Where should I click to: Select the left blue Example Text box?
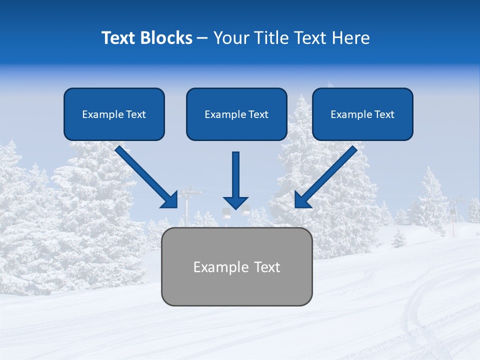pos(114,114)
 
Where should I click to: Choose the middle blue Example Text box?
pos(236,114)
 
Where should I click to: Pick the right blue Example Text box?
pos(362,114)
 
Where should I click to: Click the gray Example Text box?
pos(236,266)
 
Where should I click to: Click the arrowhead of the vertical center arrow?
pos(235,202)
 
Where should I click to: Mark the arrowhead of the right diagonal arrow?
pos(302,200)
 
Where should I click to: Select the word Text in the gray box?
pos(267,267)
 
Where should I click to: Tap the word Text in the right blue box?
pos(384,114)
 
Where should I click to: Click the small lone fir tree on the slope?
pos(398,239)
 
